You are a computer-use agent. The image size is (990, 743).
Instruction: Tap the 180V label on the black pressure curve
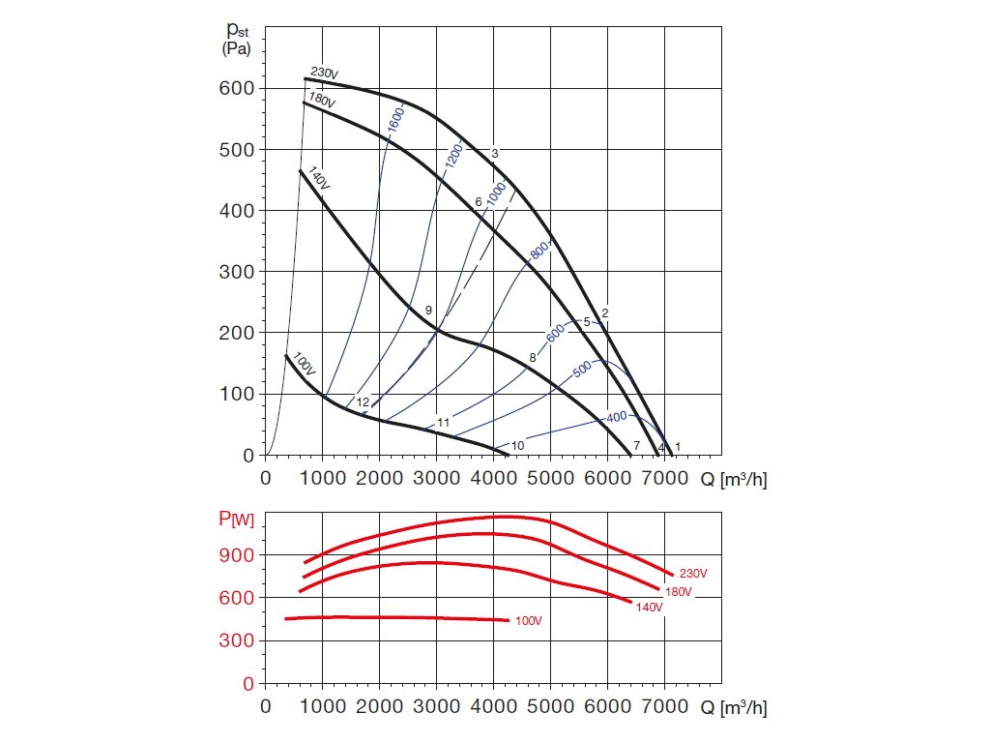[322, 100]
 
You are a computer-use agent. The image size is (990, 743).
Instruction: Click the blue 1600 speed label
[393, 119]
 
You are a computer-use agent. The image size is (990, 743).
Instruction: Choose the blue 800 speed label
[539, 253]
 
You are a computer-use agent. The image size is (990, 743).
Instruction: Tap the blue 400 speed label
[617, 417]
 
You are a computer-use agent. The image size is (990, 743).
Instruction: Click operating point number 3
[494, 154]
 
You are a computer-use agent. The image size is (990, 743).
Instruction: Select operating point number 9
[428, 310]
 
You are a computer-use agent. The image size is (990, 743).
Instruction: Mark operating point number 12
[363, 401]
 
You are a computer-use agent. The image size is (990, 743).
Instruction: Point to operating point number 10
[517, 445]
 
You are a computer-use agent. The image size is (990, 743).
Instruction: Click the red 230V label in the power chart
[693, 574]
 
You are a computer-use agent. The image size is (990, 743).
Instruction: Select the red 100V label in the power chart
[528, 619]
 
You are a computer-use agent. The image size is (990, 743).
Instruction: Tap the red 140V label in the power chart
[650, 607]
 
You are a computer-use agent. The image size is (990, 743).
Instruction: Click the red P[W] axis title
[236, 520]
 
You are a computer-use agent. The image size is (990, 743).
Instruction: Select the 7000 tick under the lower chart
[663, 706]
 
